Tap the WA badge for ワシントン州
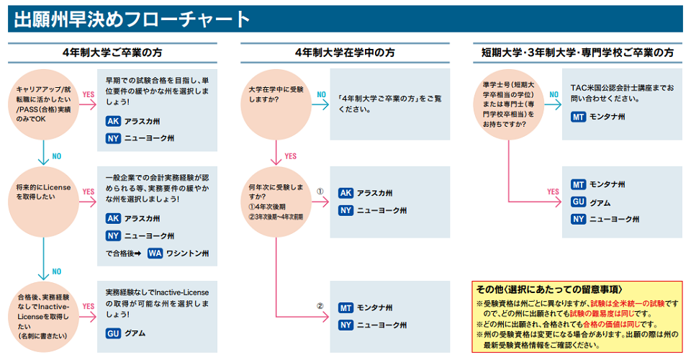155,253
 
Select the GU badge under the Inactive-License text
113,333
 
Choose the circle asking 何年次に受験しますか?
276,202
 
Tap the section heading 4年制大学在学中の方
345,53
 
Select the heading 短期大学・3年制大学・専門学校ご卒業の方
577,53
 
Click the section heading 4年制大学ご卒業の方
112,53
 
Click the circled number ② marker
320,306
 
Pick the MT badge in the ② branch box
345,307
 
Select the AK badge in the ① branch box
345,193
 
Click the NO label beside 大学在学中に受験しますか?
321,94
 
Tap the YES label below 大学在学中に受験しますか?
290,156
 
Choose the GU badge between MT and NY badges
578,202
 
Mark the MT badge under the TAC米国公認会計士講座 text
578,117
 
